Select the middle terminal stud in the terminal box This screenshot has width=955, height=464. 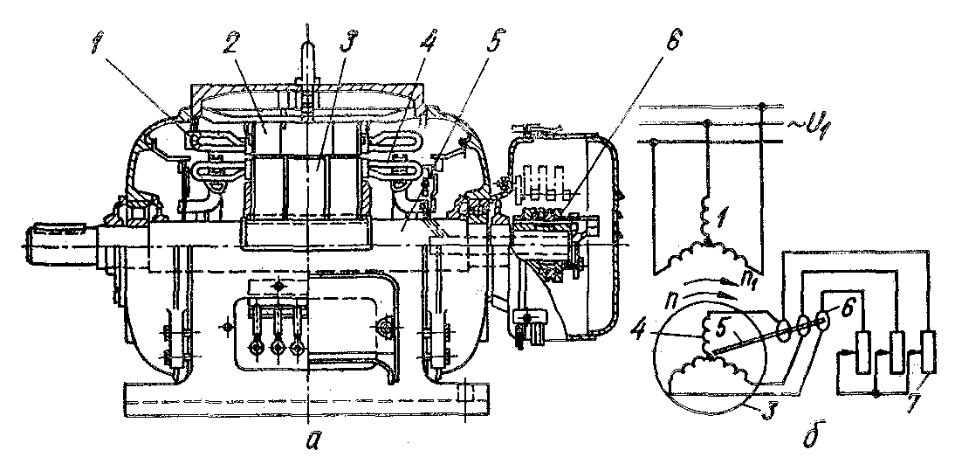(278, 346)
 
